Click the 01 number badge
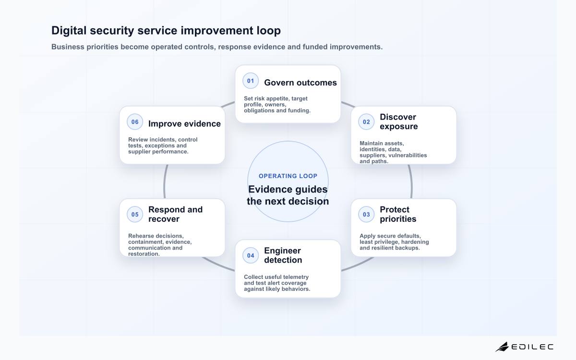(251, 81)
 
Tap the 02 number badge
(366, 122)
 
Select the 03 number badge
(366, 215)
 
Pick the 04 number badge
(251, 255)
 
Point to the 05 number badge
(135, 215)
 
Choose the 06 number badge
(135, 122)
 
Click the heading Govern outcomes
(300, 83)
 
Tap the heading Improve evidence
(184, 124)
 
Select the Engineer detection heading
(283, 255)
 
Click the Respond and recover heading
(175, 214)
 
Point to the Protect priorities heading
(398, 214)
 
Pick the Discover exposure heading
(398, 121)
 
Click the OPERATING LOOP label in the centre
(288, 176)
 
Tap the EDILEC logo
(524, 347)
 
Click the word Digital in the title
(69, 31)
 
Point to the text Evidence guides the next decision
(288, 195)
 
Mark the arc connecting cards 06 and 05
(164, 181)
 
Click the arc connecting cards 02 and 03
(412, 181)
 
